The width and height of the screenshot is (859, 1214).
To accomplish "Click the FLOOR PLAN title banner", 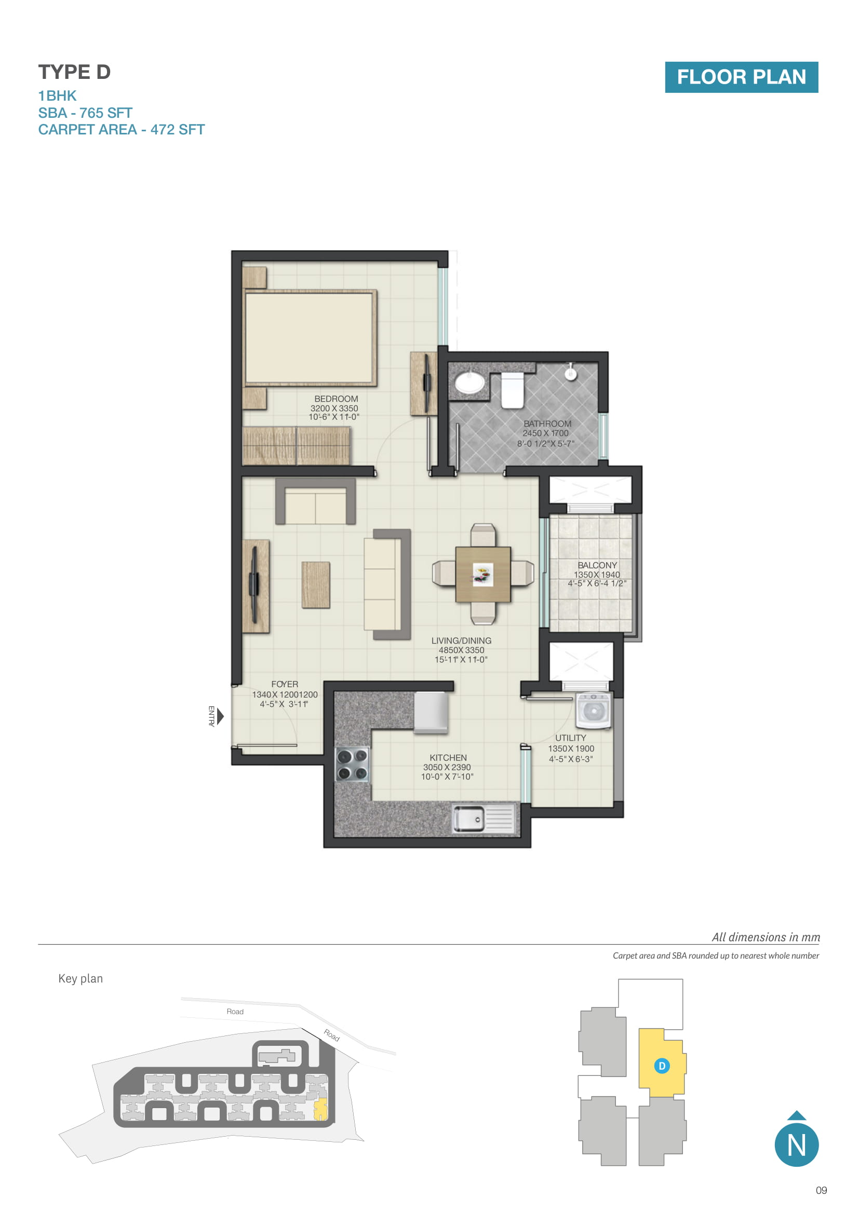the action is (x=741, y=77).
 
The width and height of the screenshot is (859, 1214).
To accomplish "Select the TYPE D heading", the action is (x=74, y=72).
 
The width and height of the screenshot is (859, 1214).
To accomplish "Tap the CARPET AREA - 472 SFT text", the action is (x=121, y=130).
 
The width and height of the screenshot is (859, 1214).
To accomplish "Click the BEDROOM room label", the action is (x=336, y=399).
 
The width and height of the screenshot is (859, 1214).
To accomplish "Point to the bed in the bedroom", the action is (x=310, y=338).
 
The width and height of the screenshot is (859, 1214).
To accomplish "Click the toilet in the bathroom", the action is (x=512, y=390).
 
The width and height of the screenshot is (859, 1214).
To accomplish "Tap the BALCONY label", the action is (x=597, y=565).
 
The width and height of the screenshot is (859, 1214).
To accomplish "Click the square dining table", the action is (x=483, y=574).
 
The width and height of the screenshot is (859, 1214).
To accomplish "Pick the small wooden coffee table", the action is (x=316, y=585).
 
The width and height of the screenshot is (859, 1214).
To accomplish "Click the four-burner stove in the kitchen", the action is (x=352, y=765).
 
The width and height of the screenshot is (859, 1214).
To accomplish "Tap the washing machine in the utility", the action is (x=594, y=710).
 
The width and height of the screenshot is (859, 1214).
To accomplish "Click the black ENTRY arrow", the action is (x=221, y=716).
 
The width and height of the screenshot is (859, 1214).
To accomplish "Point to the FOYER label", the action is (x=285, y=684).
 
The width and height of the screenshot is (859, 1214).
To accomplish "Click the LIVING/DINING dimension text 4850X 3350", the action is (x=461, y=650).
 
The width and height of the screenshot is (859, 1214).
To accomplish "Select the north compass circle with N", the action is (x=797, y=1145).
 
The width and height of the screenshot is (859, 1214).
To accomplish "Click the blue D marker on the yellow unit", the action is (x=662, y=1066).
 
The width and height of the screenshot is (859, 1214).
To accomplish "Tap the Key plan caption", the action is (x=80, y=979).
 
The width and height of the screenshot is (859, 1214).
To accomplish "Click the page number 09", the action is (x=821, y=1190).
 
